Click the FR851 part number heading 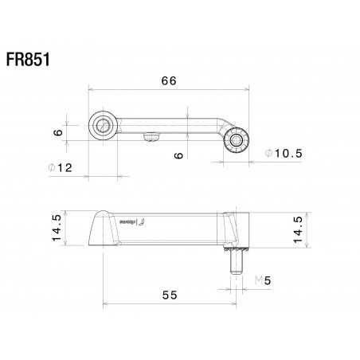click(x=29, y=61)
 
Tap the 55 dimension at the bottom click(x=170, y=294)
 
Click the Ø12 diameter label click(x=59, y=167)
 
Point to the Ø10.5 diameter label click(x=277, y=154)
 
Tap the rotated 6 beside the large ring click(x=57, y=132)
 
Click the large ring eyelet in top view click(x=103, y=125)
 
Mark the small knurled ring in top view click(x=237, y=141)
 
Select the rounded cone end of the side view click(x=99, y=229)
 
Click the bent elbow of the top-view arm click(x=220, y=125)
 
